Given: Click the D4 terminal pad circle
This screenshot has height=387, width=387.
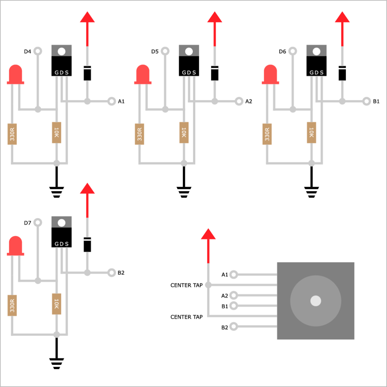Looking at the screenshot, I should coord(38,51).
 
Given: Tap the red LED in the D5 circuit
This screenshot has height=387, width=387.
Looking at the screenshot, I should coord(143,74).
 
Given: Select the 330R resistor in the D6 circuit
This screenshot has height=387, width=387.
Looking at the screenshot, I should coord(267,134).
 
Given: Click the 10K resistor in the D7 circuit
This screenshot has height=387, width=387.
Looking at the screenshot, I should coord(56,304).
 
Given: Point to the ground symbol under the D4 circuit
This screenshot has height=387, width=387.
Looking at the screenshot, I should coord(56,192).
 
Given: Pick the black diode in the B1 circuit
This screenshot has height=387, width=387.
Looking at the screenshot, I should coord(342,73).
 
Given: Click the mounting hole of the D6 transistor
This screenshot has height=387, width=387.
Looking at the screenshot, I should coord(316,51).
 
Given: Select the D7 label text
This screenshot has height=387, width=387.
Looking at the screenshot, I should coord(28,223).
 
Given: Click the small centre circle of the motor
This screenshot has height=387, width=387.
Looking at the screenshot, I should coord(315,301).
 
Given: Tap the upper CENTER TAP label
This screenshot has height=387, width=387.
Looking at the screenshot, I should coord(186,285).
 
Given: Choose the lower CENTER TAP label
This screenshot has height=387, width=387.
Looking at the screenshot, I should coord(186,317).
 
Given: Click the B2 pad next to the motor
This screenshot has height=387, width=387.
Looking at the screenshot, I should coord(234,327).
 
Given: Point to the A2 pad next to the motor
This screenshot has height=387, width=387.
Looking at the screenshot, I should coord(234,295).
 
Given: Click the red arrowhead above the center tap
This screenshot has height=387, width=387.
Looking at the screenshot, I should coord(208,234).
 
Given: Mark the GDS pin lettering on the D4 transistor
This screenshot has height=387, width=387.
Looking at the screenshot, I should coord(61,72).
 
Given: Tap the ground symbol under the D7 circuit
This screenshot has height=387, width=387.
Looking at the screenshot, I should coord(56,363).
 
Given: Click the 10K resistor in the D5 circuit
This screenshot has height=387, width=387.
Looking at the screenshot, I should coord(184,133).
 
